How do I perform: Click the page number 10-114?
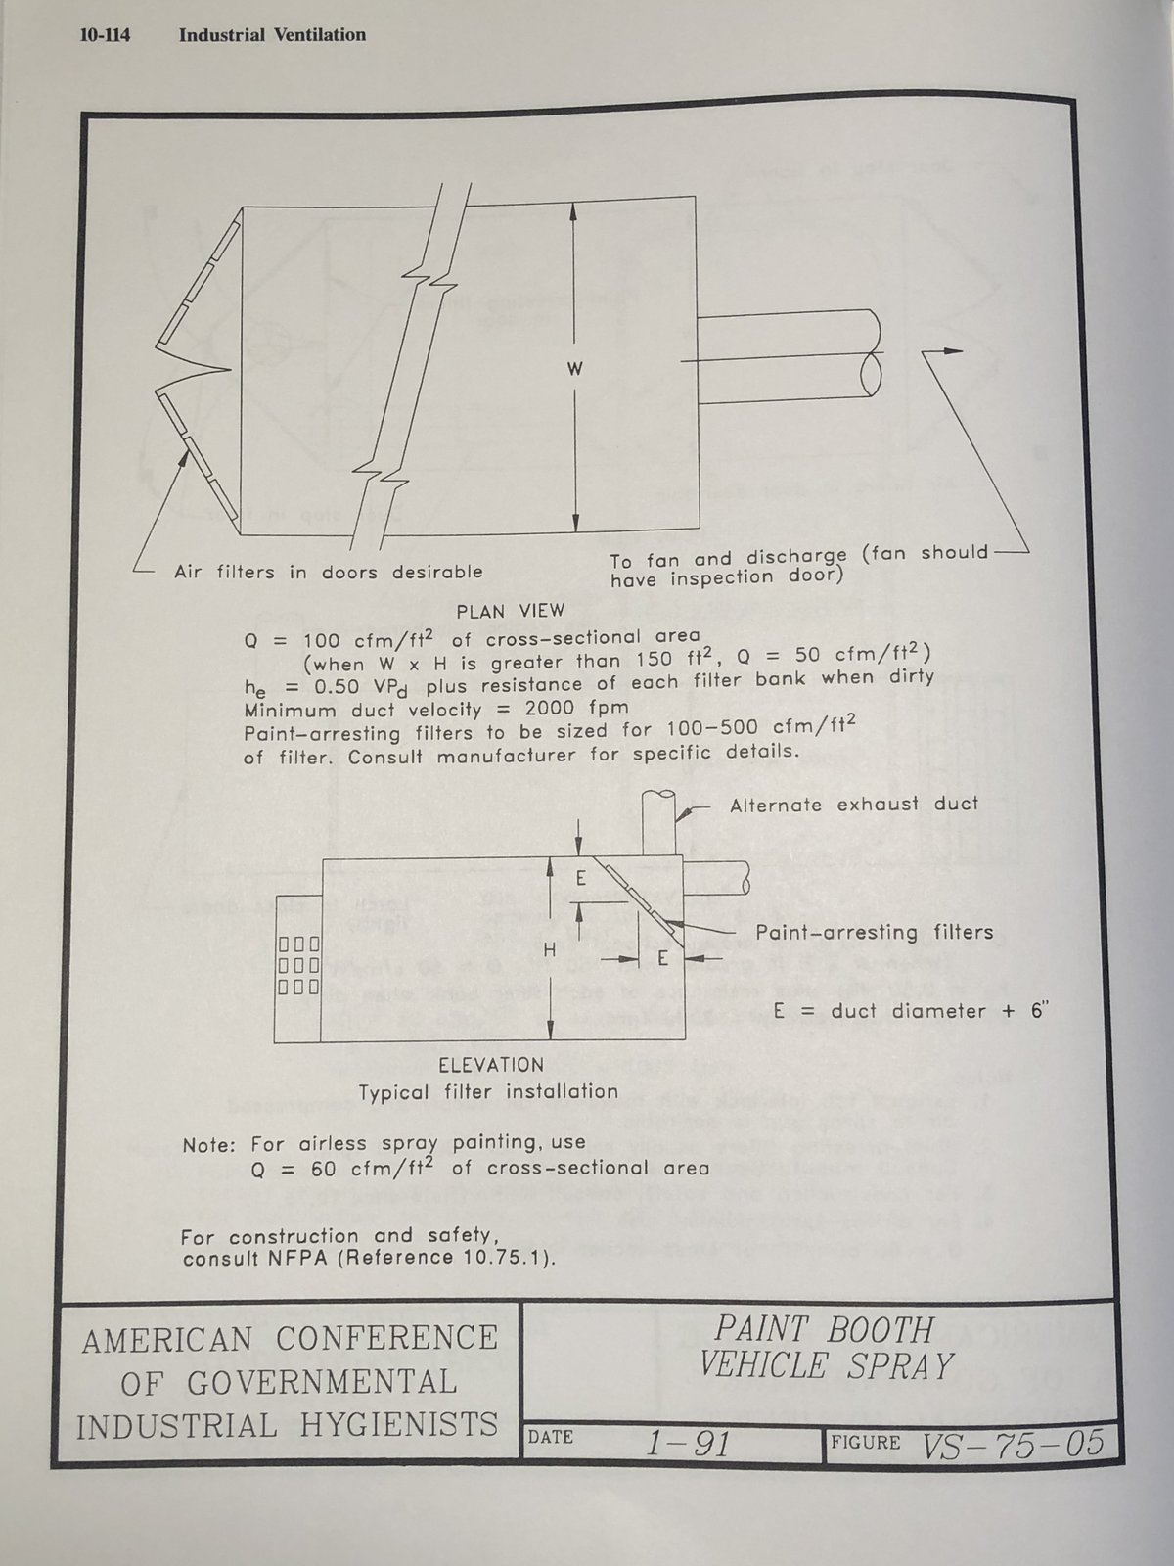105,35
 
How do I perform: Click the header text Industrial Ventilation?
272,35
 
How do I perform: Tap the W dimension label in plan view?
575,369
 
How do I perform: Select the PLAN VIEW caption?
511,611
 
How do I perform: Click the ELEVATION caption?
491,1065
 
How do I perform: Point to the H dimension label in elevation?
550,949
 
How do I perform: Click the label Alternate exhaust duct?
853,805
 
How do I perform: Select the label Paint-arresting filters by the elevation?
874,933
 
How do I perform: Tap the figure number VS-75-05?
1011,1444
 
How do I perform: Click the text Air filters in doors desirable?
328,572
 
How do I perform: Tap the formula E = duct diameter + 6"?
910,1011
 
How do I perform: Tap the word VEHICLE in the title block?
763,1365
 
